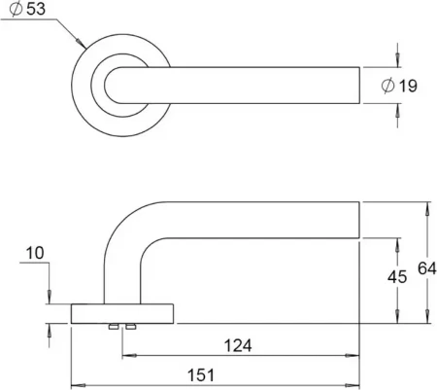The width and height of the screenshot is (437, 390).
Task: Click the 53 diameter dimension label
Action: click(x=36, y=9)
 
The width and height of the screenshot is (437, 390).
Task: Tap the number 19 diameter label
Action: click(x=408, y=86)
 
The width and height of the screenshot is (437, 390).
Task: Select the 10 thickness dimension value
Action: click(x=35, y=253)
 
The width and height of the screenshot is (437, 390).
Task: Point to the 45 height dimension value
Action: click(x=397, y=277)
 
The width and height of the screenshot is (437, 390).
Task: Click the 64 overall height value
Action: click(x=427, y=268)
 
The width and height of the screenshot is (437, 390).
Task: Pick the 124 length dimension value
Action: click(x=238, y=345)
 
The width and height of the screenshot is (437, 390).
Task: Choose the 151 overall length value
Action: click(x=201, y=375)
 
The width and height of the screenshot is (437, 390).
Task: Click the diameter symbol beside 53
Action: click(x=16, y=9)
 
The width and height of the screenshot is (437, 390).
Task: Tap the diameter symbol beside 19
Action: click(x=388, y=86)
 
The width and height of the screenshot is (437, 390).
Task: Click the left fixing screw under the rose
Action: click(x=114, y=327)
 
